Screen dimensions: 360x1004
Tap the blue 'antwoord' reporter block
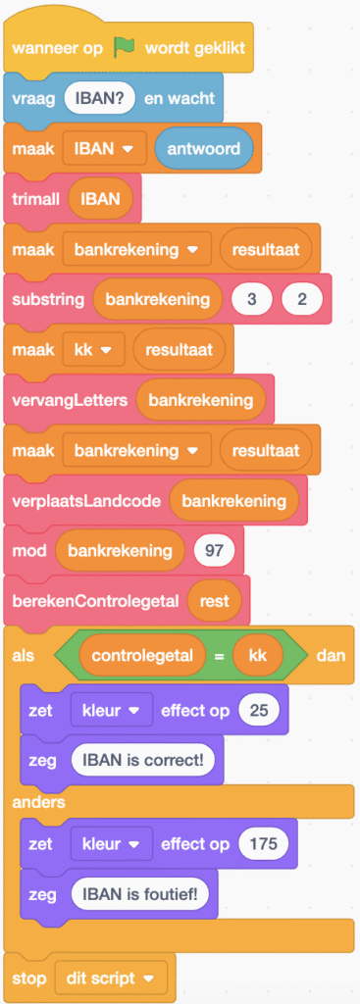203,148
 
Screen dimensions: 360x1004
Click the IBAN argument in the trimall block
100,199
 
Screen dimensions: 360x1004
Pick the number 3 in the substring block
251,298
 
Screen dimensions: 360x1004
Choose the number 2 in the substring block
301,298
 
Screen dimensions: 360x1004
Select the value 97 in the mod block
213,550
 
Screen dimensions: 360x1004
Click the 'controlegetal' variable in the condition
143,651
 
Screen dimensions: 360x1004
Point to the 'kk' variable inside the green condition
258,651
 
